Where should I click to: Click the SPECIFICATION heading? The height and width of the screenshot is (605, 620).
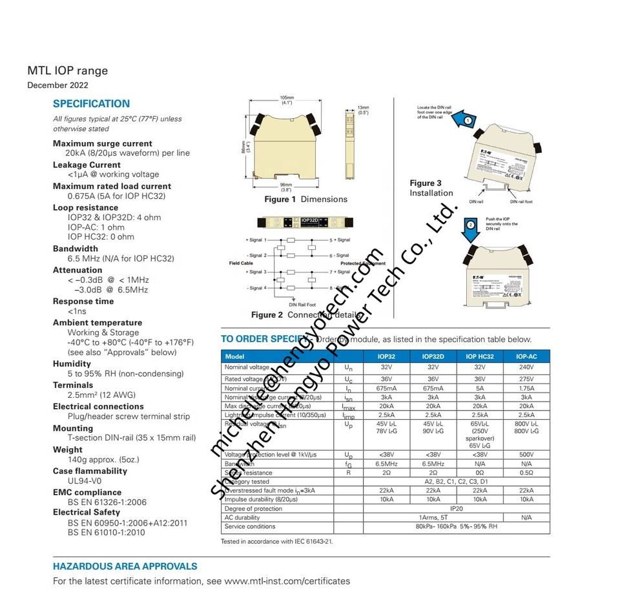pyautogui.click(x=91, y=103)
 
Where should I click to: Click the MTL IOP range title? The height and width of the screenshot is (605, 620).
pyautogui.click(x=67, y=71)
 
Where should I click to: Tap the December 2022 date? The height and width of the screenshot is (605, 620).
pyautogui.click(x=57, y=85)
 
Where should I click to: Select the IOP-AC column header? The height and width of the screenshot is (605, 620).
pyautogui.click(x=526, y=356)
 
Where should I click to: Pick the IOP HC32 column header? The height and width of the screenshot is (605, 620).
pyautogui.click(x=479, y=356)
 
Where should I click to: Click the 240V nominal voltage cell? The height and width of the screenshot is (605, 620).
pyautogui.click(x=526, y=367)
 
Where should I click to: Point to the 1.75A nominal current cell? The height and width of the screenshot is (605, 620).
pyautogui.click(x=526, y=389)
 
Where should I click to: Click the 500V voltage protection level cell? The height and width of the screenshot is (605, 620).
pyautogui.click(x=526, y=455)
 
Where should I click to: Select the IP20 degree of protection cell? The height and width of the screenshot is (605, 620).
pyautogui.click(x=457, y=509)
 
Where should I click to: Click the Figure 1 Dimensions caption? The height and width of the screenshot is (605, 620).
pyautogui.click(x=305, y=199)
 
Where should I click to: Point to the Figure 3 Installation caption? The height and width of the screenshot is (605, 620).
pyautogui.click(x=431, y=188)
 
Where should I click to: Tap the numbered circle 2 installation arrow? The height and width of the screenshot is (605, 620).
pyautogui.click(x=471, y=224)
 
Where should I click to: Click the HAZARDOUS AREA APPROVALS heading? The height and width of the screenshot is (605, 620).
pyautogui.click(x=125, y=566)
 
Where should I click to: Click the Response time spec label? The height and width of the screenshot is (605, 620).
pyautogui.click(x=83, y=302)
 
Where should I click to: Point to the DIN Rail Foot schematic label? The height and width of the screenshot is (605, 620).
pyautogui.click(x=302, y=304)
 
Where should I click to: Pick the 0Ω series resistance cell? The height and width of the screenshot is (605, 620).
pyautogui.click(x=479, y=473)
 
